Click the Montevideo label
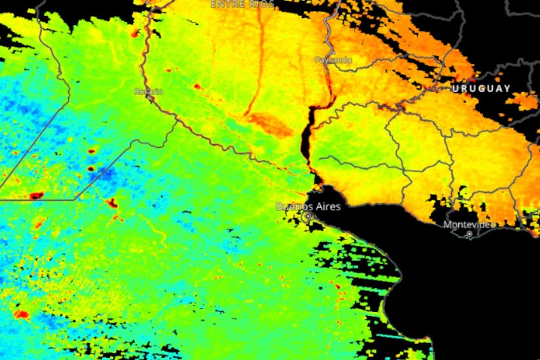tap(468, 224)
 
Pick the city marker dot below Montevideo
tap(469, 234)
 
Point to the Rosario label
tap(148, 91)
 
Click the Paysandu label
tap(333, 59)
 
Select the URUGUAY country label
tap(481, 89)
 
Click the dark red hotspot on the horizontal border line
tap(36, 195)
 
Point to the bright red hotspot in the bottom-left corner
tap(21, 314)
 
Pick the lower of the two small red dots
tap(91, 169)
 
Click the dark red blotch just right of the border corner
tap(111, 202)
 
